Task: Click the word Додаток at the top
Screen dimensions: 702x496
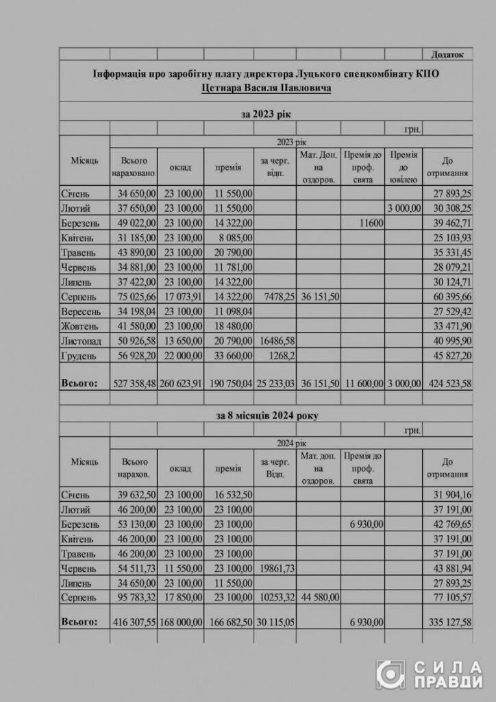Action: pos(448,54)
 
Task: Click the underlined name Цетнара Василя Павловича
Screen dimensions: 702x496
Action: pos(267,89)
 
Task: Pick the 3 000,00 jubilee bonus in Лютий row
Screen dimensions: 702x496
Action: pos(404,207)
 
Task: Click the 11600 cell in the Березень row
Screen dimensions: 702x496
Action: pos(371,223)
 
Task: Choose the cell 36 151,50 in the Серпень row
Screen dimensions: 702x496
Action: pos(318,295)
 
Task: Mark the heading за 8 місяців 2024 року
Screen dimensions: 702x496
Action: pos(267,415)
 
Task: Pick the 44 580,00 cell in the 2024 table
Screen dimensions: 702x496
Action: pos(318,597)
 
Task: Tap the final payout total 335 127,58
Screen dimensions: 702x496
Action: pos(448,622)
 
